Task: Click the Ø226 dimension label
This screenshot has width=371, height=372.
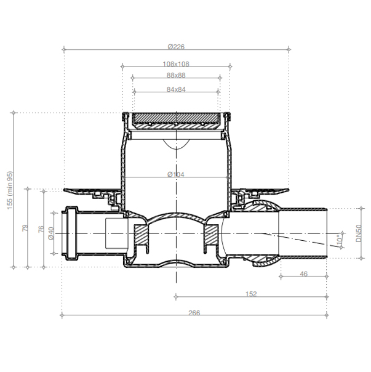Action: (176, 47)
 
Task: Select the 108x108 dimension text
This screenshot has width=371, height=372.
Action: (176, 64)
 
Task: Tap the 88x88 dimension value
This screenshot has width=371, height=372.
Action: (176, 75)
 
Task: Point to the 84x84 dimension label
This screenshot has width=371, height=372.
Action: (176, 89)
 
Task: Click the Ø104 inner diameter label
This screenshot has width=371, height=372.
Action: (176, 175)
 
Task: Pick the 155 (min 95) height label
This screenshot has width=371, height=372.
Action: (10, 190)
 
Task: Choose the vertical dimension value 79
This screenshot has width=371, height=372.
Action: (25, 228)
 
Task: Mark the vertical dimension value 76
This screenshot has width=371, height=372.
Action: (41, 229)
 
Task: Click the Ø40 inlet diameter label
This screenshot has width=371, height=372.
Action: (51, 233)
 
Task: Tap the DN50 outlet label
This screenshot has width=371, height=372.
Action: (359, 233)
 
